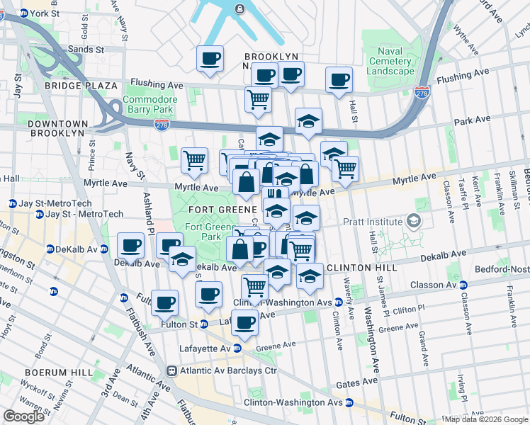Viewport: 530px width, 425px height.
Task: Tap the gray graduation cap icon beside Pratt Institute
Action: coord(411,222)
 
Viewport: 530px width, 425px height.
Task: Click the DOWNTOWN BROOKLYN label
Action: coord(59,129)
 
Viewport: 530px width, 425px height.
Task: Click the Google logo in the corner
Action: coord(23,416)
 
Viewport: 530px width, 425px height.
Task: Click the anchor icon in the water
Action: coord(239,8)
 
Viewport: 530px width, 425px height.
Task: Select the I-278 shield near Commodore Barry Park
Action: coord(162,123)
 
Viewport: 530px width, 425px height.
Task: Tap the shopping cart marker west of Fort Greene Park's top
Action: coord(194,159)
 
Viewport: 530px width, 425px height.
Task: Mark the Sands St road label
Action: coord(85,50)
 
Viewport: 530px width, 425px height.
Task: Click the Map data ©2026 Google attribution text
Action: coord(487,419)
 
